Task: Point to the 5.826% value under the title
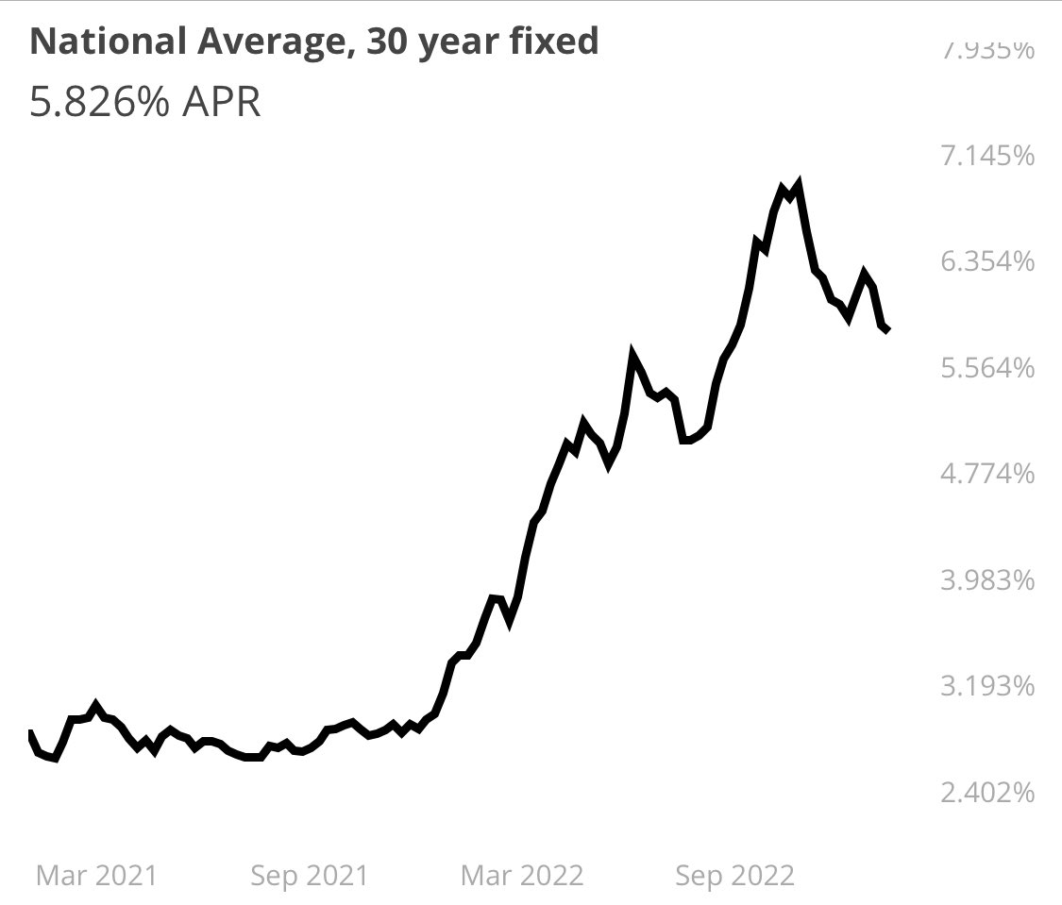[98, 102]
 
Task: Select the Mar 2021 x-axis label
[95, 876]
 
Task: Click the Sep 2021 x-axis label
[309, 876]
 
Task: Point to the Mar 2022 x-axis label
[522, 876]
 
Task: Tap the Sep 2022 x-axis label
[735, 876]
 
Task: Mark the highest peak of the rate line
[799, 183]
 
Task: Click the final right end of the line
[888, 329]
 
